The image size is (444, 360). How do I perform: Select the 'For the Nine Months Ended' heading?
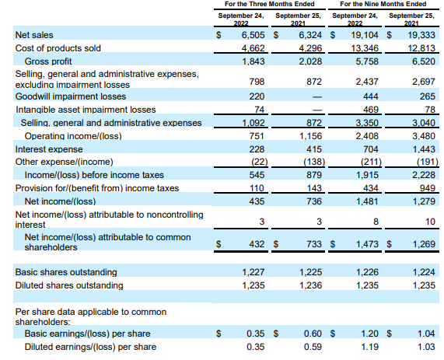(x=379, y=5)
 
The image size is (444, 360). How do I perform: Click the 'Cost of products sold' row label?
(x=58, y=47)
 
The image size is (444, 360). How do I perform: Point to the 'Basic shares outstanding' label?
(x=66, y=272)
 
